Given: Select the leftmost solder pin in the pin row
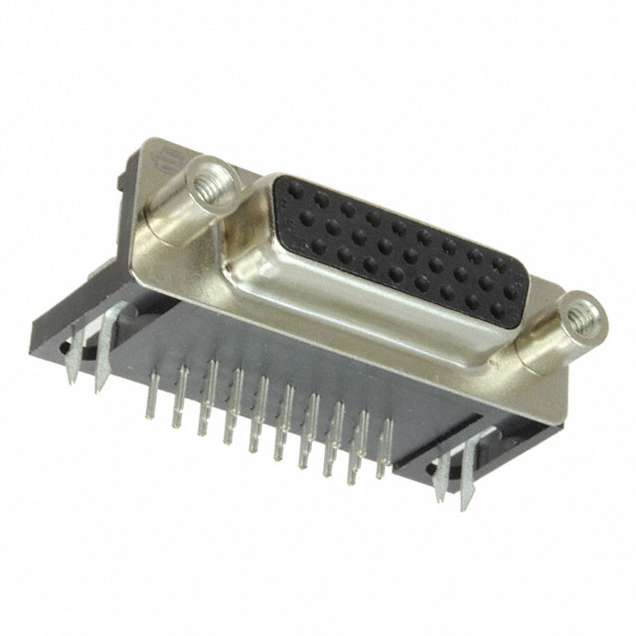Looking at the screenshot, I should point(152,402).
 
